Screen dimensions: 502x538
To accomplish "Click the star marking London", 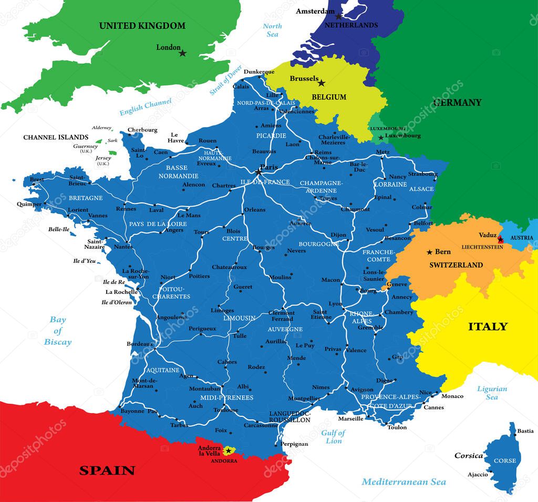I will click(x=182, y=53).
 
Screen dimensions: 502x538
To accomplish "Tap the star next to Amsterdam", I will click(x=339, y=16).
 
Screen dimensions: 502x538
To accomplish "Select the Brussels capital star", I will click(x=322, y=83).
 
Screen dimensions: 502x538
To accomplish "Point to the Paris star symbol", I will click(x=258, y=171).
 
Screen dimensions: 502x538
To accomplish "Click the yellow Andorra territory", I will click(x=229, y=451).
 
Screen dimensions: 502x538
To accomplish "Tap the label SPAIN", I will click(x=107, y=470).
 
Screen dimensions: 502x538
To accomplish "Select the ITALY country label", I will click(x=488, y=326).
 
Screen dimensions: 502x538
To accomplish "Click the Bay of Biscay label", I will click(x=58, y=331).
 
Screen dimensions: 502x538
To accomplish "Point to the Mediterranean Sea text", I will click(x=403, y=481).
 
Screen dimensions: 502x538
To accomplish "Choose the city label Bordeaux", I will click(x=139, y=344).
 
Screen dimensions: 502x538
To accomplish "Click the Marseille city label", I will click(x=350, y=419).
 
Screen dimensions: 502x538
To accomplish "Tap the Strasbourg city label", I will click(x=422, y=174).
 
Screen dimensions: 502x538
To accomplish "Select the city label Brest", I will click(x=37, y=179).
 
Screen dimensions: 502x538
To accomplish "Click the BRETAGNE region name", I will click(x=86, y=198).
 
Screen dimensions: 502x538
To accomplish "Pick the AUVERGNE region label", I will click(x=285, y=329).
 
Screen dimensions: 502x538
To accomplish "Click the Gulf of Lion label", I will click(x=333, y=437).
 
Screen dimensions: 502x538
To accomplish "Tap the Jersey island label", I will click(x=103, y=158).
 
